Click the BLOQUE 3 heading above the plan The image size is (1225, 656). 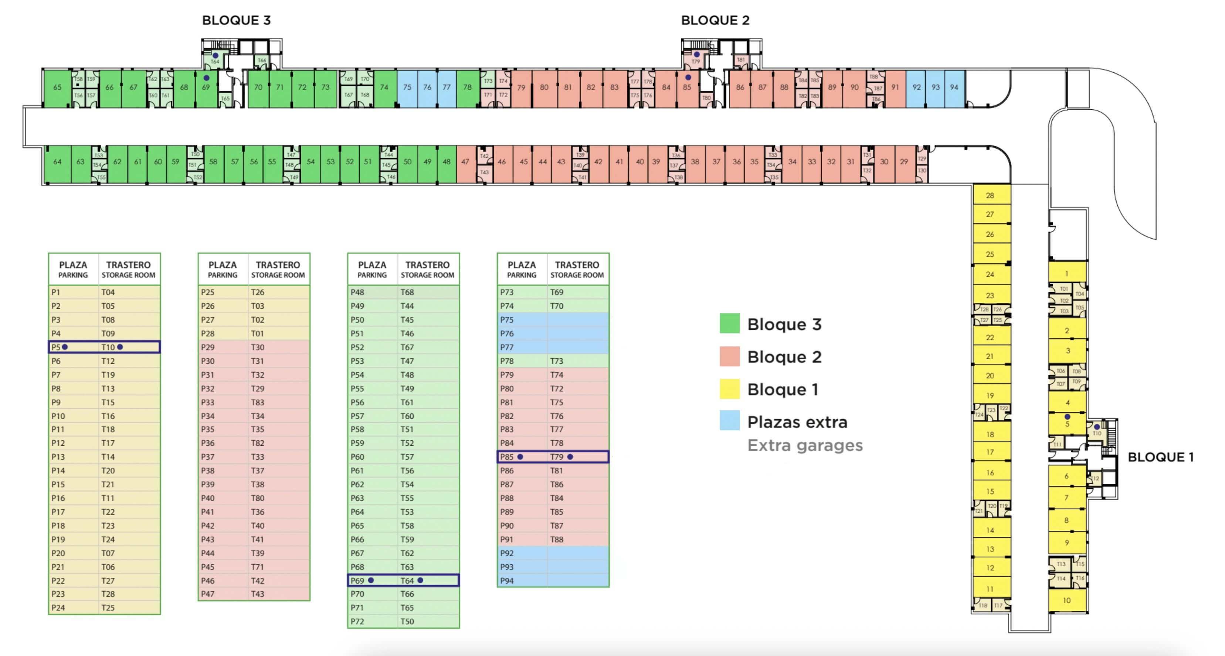236,20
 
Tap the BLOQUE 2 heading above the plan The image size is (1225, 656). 715,20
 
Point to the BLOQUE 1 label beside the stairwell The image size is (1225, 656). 1160,457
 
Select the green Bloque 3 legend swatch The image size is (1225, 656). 729,323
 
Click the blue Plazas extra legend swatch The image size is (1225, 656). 729,421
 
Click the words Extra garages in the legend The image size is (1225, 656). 805,445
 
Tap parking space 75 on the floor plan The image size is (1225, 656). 407,88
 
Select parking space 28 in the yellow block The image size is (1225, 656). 990,195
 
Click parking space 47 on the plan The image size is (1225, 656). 465,162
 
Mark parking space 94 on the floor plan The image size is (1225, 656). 954,88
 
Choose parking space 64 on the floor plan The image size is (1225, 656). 57,162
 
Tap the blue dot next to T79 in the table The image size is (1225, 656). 570,457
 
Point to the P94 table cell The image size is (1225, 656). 507,580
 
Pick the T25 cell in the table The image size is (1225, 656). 108,608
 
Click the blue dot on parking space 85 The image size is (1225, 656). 688,77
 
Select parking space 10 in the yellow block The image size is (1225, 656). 1067,600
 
